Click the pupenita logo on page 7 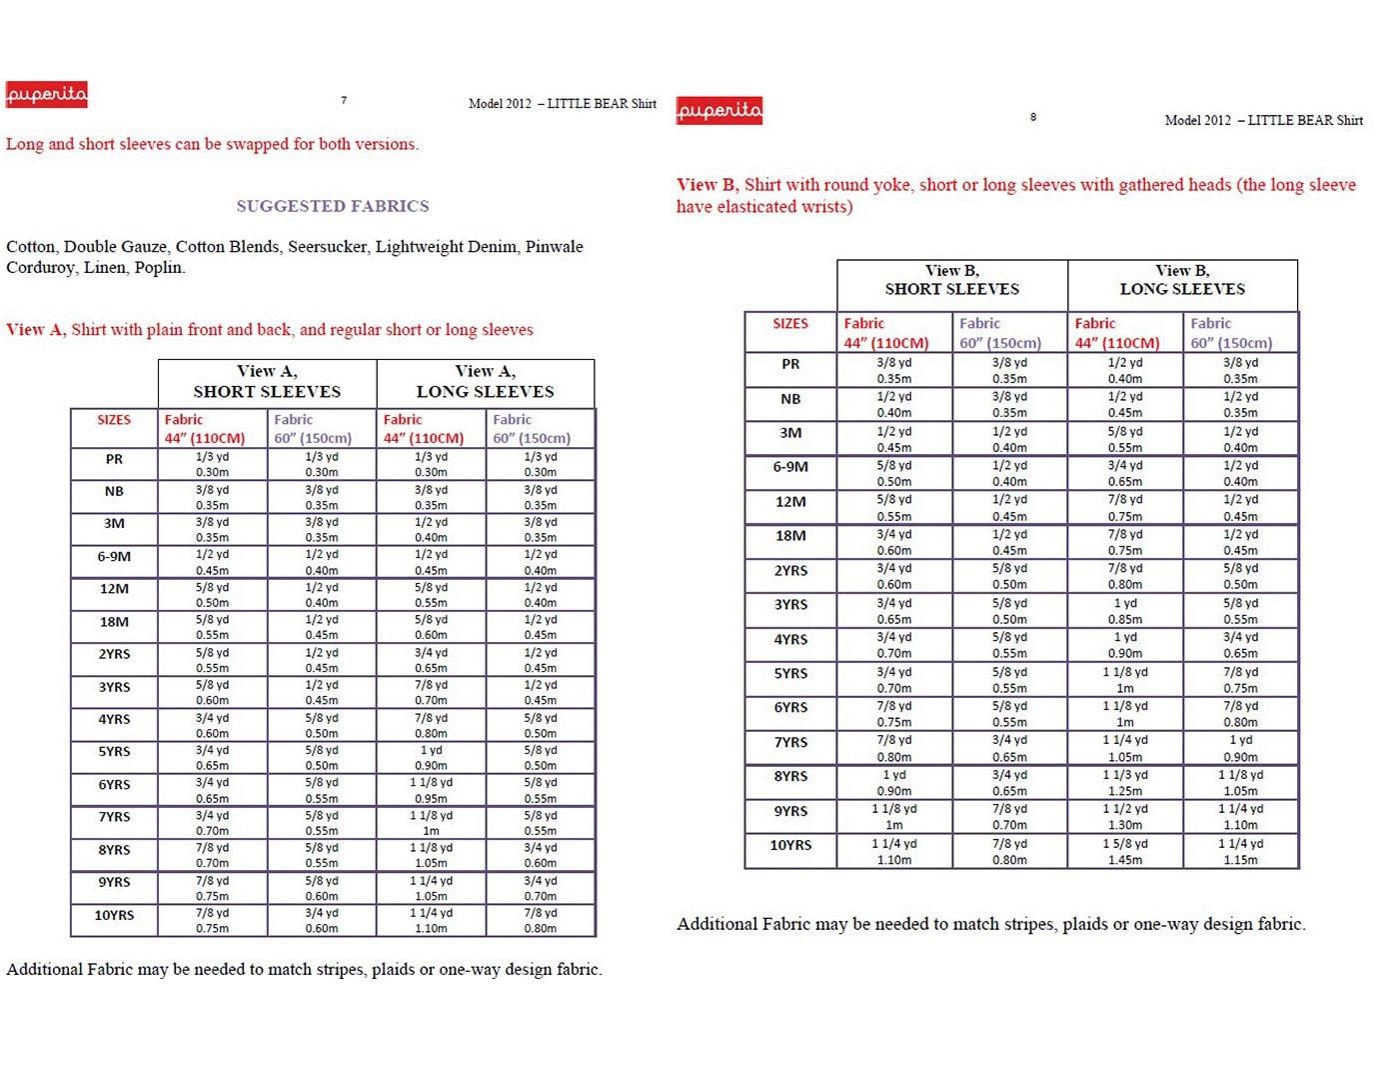click(x=46, y=95)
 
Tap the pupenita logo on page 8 click(x=718, y=110)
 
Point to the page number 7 click(x=344, y=100)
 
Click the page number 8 click(x=1033, y=117)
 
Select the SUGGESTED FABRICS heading click(x=332, y=206)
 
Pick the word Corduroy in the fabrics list click(x=39, y=268)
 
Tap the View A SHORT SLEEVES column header click(x=267, y=381)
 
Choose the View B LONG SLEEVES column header click(x=1182, y=279)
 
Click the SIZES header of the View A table click(x=114, y=420)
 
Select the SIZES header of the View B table click(x=790, y=324)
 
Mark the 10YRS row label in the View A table click(x=114, y=915)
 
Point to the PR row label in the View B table click(x=790, y=364)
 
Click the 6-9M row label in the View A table click(x=114, y=557)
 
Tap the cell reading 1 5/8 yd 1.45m click(x=1125, y=852)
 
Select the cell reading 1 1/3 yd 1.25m click(x=1125, y=783)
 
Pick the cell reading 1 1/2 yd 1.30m click(x=1125, y=817)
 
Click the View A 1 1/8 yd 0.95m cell click(x=431, y=790)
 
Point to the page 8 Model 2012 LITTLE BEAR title click(x=1263, y=120)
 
